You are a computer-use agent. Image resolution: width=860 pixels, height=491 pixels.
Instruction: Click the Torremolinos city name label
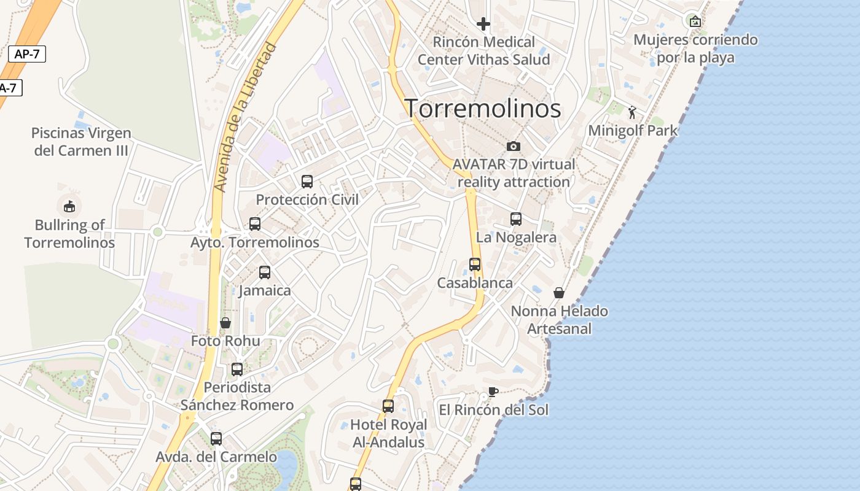click(483, 109)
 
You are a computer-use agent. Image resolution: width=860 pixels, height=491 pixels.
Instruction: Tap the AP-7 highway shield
click(27, 54)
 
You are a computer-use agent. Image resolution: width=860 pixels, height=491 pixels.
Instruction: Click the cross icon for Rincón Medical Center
click(483, 24)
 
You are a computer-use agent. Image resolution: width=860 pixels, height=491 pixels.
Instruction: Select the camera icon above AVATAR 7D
click(514, 146)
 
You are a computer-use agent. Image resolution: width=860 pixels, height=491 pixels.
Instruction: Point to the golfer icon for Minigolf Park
click(632, 112)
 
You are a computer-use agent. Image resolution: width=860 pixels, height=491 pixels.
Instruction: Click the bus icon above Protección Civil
click(307, 181)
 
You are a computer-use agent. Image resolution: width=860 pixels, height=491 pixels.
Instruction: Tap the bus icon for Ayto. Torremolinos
click(255, 224)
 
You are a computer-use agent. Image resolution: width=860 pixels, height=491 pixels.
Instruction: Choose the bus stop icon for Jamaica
click(265, 272)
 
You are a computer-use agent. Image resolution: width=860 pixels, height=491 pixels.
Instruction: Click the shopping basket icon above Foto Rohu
click(225, 323)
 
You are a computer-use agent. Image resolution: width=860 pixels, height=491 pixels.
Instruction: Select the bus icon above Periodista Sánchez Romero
click(237, 369)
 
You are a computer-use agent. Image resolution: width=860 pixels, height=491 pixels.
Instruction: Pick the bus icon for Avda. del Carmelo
click(216, 439)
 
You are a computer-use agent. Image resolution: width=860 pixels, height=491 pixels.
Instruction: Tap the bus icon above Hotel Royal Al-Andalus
click(388, 406)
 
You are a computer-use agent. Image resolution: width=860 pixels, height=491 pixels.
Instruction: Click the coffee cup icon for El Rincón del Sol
click(493, 392)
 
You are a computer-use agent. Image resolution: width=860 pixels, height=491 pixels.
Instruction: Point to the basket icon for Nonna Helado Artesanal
click(559, 293)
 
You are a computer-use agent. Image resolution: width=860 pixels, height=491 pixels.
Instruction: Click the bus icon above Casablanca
click(475, 265)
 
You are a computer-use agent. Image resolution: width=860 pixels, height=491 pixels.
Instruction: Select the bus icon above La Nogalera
click(516, 219)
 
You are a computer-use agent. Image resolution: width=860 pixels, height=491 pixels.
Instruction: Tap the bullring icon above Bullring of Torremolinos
click(69, 206)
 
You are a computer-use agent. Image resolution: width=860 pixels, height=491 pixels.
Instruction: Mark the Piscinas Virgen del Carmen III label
click(81, 142)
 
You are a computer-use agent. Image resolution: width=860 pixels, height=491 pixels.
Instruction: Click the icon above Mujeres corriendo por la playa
click(695, 21)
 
